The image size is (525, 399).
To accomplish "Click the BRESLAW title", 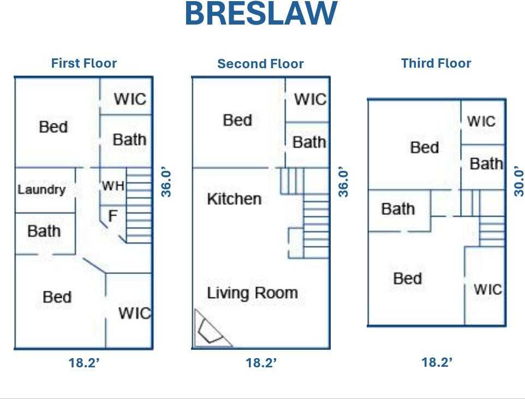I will (261, 14).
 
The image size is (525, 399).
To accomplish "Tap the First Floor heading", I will (84, 63).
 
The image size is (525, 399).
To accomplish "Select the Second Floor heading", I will (260, 64).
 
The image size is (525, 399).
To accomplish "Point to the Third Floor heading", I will (436, 63).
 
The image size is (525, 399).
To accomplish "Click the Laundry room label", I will (41, 189).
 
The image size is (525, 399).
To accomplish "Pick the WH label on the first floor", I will (113, 186).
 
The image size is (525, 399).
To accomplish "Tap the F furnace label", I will (112, 216).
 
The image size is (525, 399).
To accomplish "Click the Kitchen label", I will (234, 199).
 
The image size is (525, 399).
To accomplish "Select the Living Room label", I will (252, 293).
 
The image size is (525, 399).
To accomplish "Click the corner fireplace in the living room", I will (210, 331).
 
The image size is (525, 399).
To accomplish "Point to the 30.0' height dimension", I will (518, 182).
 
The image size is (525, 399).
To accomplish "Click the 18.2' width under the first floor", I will (84, 363).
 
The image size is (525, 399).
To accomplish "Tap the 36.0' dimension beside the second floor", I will (343, 182).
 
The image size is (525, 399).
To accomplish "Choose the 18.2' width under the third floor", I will (437, 362).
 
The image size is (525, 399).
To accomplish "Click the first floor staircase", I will (139, 205).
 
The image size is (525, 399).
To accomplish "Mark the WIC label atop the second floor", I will (310, 99).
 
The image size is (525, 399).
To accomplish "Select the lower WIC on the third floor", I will (487, 289).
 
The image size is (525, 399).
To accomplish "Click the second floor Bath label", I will (309, 142).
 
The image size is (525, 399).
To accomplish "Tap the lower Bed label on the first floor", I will (57, 297).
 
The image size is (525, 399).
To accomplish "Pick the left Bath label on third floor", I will (397, 209).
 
